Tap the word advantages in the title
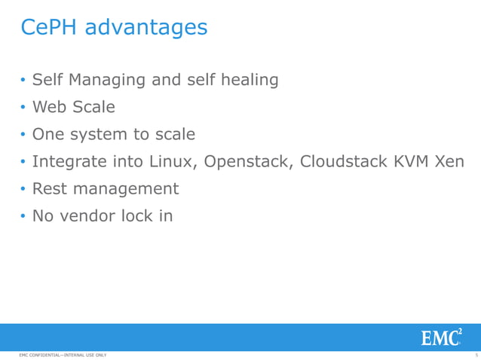(146, 28)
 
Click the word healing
(248, 80)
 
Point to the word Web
(49, 107)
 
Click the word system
(100, 134)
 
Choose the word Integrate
(72, 162)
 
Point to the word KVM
(412, 161)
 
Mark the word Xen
(450, 161)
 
